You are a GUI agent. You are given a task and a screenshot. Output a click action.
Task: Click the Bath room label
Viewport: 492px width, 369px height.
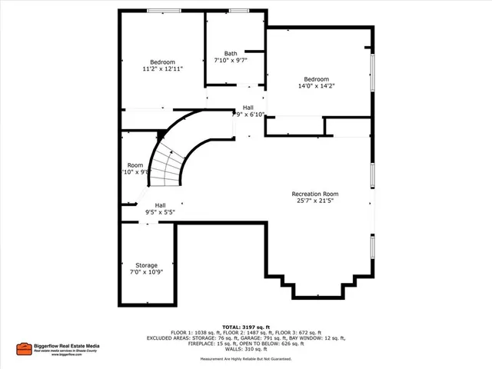point(231,53)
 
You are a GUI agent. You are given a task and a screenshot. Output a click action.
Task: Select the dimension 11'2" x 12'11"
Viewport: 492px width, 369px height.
point(162,69)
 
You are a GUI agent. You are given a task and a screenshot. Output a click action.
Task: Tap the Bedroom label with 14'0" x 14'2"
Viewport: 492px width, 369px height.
point(316,79)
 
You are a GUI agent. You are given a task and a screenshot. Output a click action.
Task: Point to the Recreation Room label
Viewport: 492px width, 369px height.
point(314,194)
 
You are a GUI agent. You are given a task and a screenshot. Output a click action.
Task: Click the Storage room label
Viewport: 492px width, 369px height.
point(146,265)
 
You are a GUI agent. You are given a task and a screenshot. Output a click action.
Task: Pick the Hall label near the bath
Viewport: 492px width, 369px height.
point(248,108)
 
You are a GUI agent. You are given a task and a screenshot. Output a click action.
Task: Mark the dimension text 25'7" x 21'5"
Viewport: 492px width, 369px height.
point(314,201)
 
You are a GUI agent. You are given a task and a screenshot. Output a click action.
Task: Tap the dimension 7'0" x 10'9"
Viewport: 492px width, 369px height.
point(146,272)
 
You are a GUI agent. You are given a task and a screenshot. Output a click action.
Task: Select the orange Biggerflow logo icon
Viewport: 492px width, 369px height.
point(24,348)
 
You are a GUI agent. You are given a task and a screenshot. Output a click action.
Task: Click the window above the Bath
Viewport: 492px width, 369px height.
point(238,11)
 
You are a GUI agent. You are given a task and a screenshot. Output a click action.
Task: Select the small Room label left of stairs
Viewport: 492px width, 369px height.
point(135,165)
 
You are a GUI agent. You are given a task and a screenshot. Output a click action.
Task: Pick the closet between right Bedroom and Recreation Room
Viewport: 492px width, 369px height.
point(347,127)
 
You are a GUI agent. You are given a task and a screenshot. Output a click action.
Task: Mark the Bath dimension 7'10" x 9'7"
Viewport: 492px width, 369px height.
point(231,61)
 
